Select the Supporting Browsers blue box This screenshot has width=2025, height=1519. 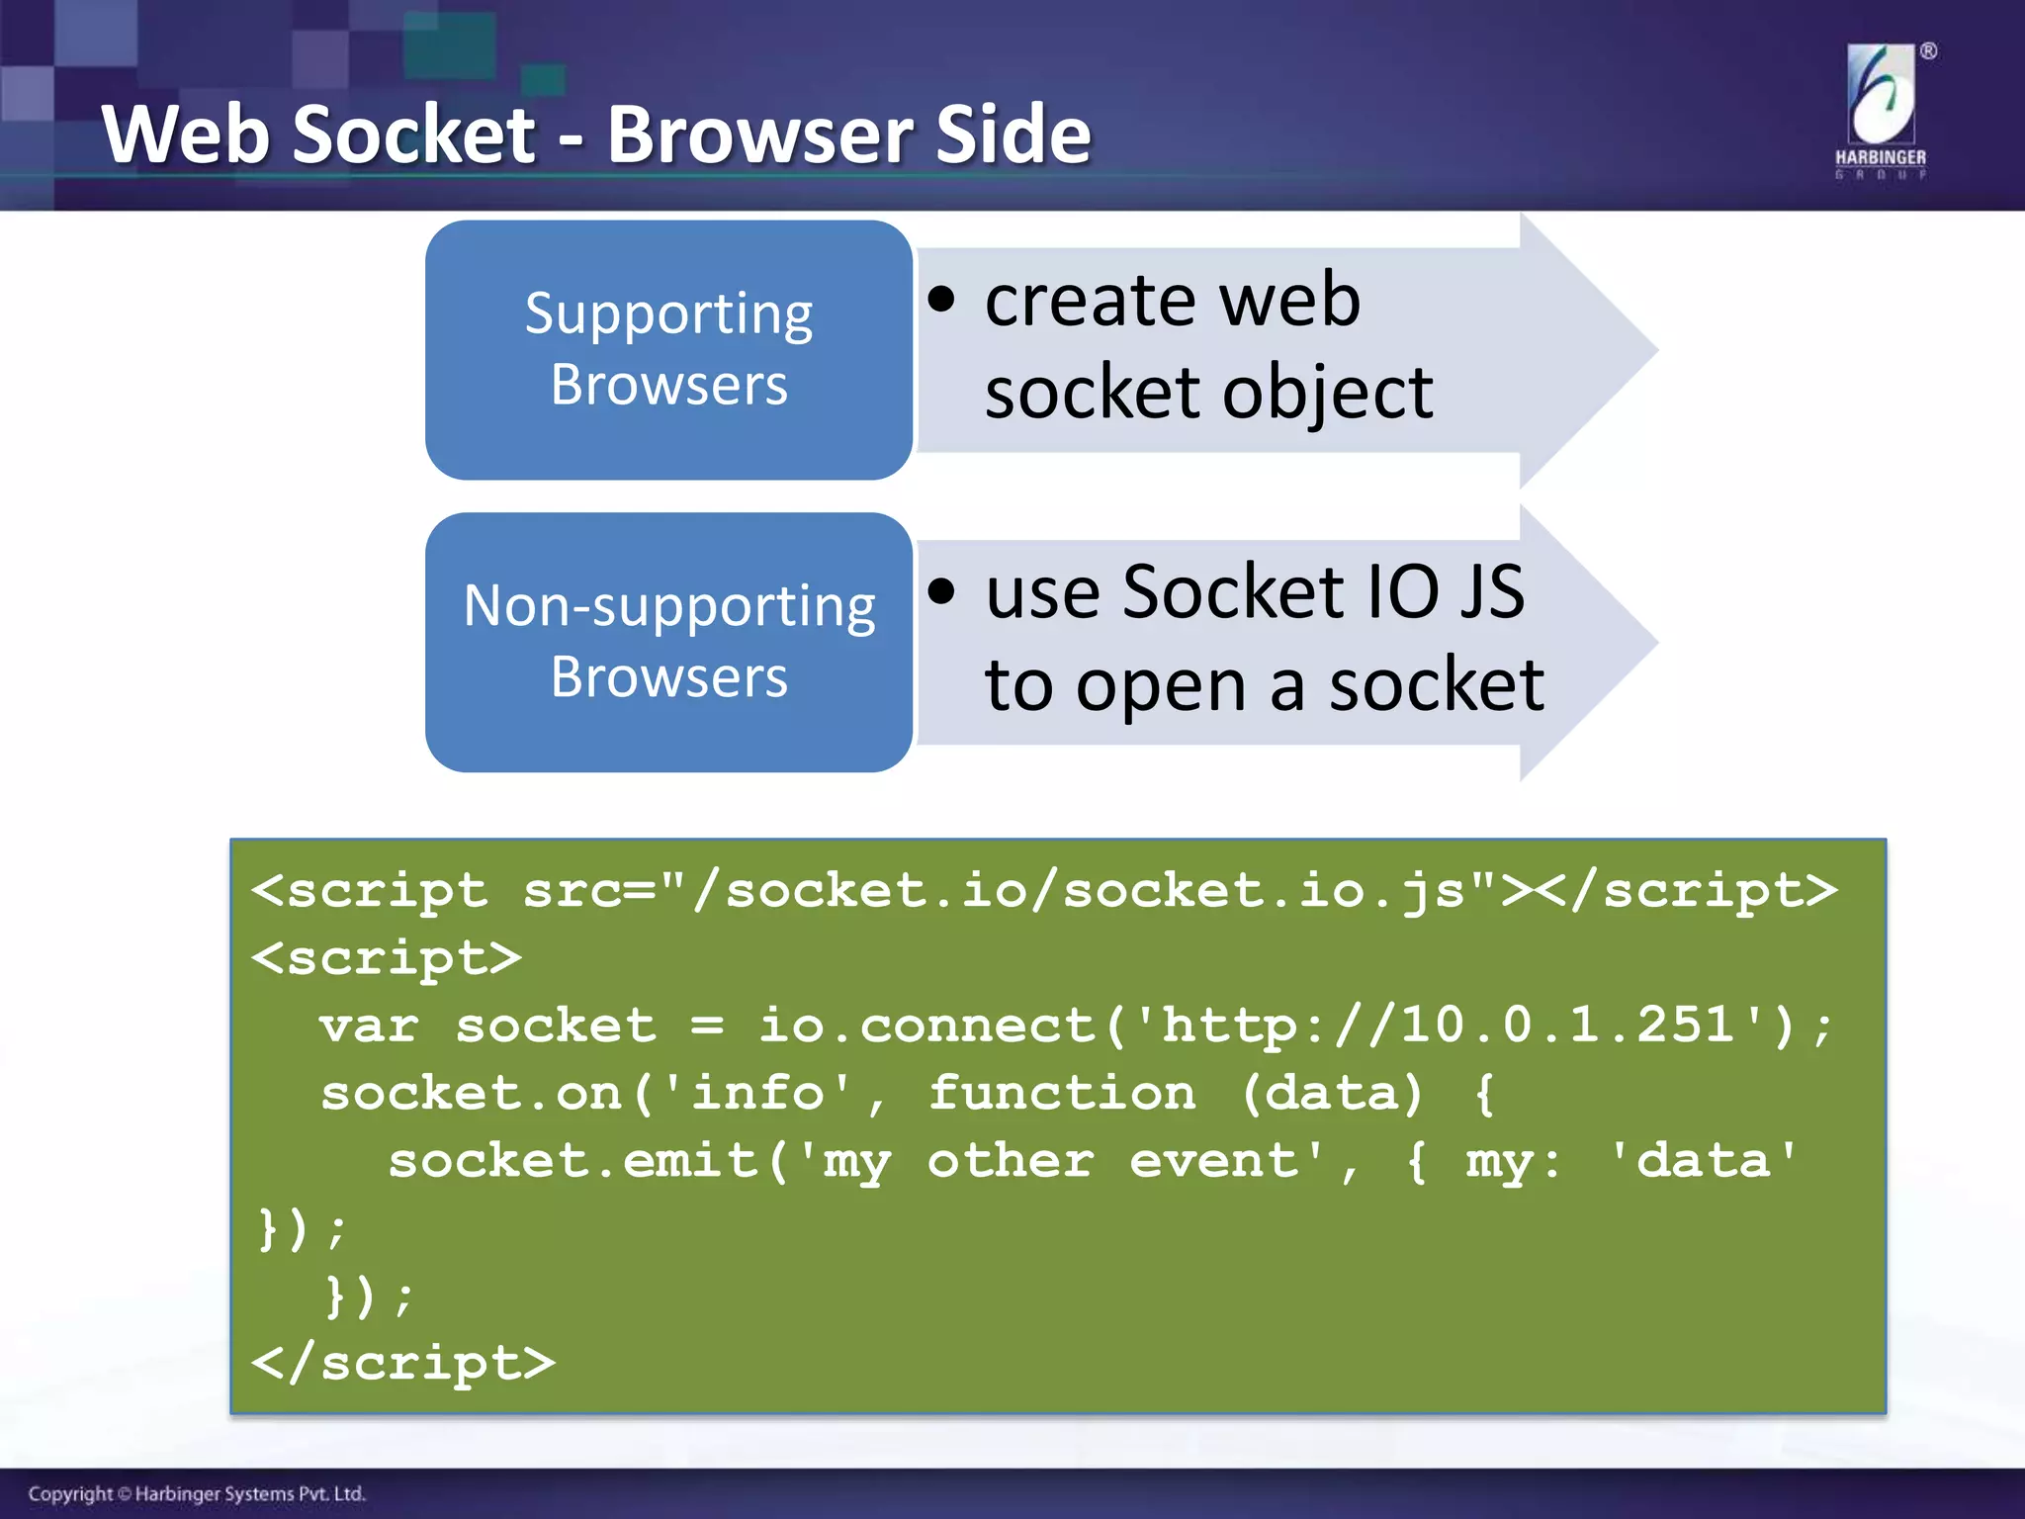(668, 349)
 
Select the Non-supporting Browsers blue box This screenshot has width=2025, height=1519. (668, 642)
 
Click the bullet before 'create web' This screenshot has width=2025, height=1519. (942, 300)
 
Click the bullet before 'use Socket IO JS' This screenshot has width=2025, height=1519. (942, 591)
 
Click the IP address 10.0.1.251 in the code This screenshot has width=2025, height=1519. (1567, 1025)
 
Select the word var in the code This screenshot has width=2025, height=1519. (369, 1026)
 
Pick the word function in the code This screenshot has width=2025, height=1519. (1061, 1093)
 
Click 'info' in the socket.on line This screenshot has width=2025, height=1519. (757, 1093)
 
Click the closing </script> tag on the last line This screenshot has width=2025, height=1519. (403, 1363)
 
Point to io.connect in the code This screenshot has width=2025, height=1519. (927, 1026)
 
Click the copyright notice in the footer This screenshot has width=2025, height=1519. (197, 1493)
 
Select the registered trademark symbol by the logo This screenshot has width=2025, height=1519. (1928, 51)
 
